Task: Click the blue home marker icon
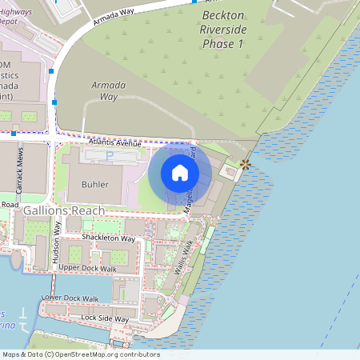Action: (180, 172)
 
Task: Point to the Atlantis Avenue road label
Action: (116, 142)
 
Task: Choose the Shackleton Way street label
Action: (109, 238)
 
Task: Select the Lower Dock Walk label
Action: (70, 298)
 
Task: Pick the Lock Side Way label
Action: (105, 318)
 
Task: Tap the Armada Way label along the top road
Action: (114, 15)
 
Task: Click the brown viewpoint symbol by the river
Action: (246, 164)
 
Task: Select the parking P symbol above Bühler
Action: (110, 154)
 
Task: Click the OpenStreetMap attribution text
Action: (80, 354)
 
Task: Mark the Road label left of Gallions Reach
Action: (9, 205)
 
